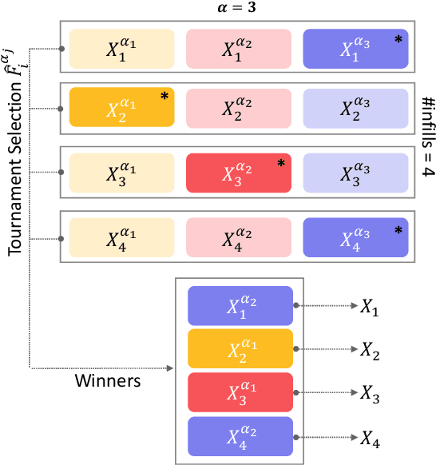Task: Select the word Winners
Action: [x=109, y=380]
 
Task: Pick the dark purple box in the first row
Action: [x=356, y=48]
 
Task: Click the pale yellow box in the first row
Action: [x=121, y=48]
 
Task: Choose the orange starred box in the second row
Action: [x=121, y=108]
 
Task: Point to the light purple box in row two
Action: [x=356, y=108]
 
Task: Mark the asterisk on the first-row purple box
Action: [x=398, y=39]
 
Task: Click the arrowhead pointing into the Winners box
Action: [x=169, y=368]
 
